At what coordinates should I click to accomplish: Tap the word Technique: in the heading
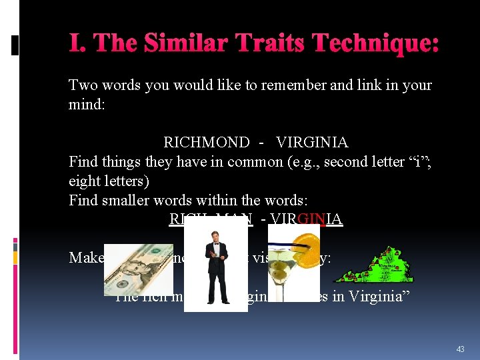coord(377,44)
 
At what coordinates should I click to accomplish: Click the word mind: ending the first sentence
coord(87,105)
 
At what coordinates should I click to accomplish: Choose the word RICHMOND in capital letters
coord(207,143)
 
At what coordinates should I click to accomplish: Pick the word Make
coord(86,257)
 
